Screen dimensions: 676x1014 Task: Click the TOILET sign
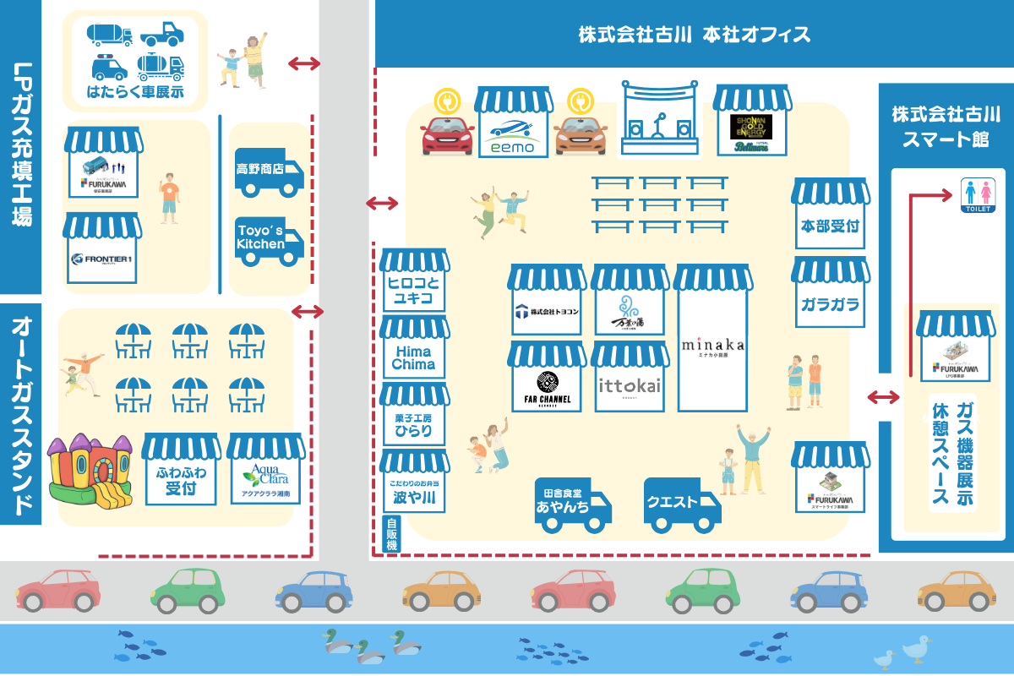pyautogui.click(x=980, y=195)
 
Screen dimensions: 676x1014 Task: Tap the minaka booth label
pyautogui.click(x=713, y=346)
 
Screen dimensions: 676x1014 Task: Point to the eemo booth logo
pyautogui.click(x=513, y=135)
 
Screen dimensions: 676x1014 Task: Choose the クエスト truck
pyautogui.click(x=681, y=504)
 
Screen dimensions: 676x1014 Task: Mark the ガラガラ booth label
pyautogui.click(x=830, y=302)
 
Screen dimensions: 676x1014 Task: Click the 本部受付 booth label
pyautogui.click(x=830, y=225)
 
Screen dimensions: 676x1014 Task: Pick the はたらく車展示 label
pyautogui.click(x=135, y=92)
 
